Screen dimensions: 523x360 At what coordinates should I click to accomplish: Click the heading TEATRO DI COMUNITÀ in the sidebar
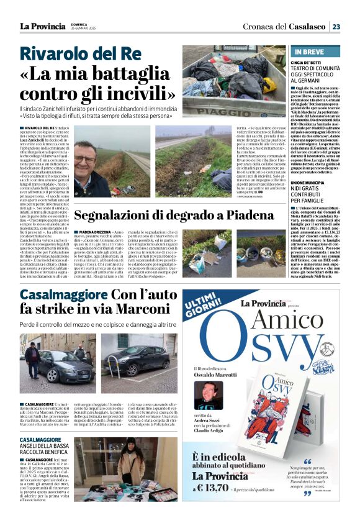pyautogui.click(x=319, y=70)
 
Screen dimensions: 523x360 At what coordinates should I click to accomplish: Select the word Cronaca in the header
pyautogui.click(x=253, y=26)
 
